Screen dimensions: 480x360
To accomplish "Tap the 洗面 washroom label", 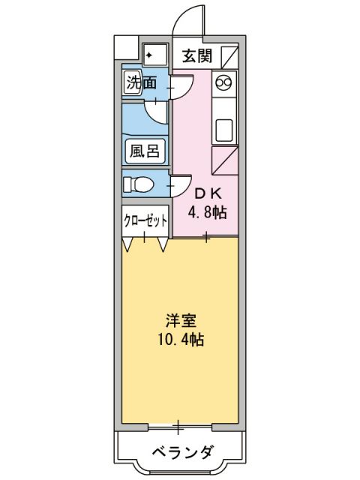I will (141, 82).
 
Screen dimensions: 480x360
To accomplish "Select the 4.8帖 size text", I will (208, 212).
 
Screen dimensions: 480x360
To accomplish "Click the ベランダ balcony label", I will (181, 452).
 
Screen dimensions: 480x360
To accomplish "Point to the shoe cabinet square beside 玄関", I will (229, 56).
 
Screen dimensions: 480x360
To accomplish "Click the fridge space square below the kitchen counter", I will (226, 160).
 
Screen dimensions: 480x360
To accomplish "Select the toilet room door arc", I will (164, 182).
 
